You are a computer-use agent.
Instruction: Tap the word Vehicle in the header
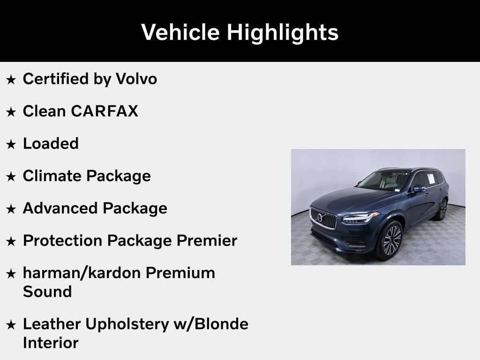click(x=180, y=32)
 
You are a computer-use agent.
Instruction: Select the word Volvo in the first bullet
click(x=136, y=79)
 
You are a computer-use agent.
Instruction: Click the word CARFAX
click(x=105, y=111)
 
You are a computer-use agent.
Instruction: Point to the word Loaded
click(x=51, y=143)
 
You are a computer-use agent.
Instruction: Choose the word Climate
click(x=52, y=176)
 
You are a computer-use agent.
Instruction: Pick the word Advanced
click(x=60, y=208)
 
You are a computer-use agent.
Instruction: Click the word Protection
click(x=63, y=240)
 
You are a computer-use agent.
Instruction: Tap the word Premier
click(x=207, y=240)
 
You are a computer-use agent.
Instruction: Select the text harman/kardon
click(x=82, y=273)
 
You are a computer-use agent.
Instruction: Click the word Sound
click(x=47, y=292)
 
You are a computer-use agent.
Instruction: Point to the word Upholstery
click(x=127, y=324)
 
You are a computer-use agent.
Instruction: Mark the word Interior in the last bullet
click(x=51, y=343)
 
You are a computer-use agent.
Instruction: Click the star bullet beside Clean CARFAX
click(x=11, y=112)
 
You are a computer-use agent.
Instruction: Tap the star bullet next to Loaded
click(x=11, y=144)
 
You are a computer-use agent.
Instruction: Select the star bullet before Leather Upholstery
click(x=11, y=325)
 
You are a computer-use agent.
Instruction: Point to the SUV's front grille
click(x=323, y=217)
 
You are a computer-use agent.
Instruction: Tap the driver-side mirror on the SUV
click(x=419, y=189)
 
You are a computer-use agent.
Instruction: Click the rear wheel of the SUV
click(x=442, y=210)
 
